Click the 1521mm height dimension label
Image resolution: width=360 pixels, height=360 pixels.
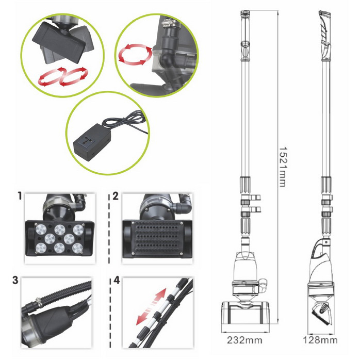[283, 167]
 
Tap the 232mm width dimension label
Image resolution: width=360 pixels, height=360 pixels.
[244, 340]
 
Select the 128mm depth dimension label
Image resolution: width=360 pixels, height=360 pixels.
[320, 340]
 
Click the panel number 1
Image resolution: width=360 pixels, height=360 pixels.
[20, 196]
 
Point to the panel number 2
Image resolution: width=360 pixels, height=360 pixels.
[115, 196]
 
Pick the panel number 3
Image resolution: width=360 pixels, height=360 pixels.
[15, 280]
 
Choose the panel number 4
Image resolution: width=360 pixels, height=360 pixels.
[117, 281]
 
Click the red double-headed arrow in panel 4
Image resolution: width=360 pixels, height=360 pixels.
[151, 306]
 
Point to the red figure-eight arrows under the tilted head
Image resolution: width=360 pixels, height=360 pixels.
[63, 77]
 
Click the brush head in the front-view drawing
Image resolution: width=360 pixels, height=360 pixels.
[245, 313]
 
